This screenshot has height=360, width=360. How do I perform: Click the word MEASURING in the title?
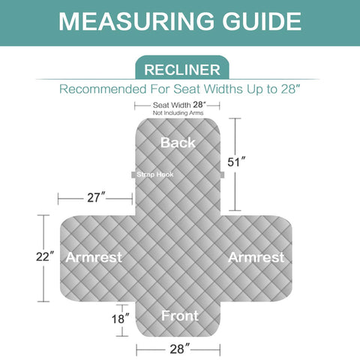click(x=136, y=21)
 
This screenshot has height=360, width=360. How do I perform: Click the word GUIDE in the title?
click(x=262, y=21)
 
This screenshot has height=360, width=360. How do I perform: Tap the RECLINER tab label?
click(x=182, y=70)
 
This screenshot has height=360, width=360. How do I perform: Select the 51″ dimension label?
click(x=236, y=162)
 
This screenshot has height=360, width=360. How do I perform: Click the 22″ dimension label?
click(x=45, y=256)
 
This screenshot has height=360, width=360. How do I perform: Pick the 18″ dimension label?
click(x=121, y=319)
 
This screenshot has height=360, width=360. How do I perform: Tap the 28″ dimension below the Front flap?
click(x=180, y=349)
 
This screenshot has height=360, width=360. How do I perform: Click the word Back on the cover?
click(x=178, y=142)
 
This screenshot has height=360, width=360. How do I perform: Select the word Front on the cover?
click(x=180, y=316)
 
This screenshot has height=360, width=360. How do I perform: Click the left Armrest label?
click(x=94, y=257)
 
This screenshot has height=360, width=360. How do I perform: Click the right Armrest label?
click(x=256, y=257)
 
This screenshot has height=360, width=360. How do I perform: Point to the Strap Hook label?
click(x=155, y=175)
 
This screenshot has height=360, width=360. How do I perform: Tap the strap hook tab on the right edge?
click(x=222, y=175)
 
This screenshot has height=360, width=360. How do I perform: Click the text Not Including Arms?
click(x=178, y=113)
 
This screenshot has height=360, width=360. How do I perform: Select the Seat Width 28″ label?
click(x=179, y=105)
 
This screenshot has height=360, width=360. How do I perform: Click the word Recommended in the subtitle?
click(x=103, y=89)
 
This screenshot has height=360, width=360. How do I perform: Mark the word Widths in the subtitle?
click(x=223, y=89)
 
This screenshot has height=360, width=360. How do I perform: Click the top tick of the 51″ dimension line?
click(x=235, y=118)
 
